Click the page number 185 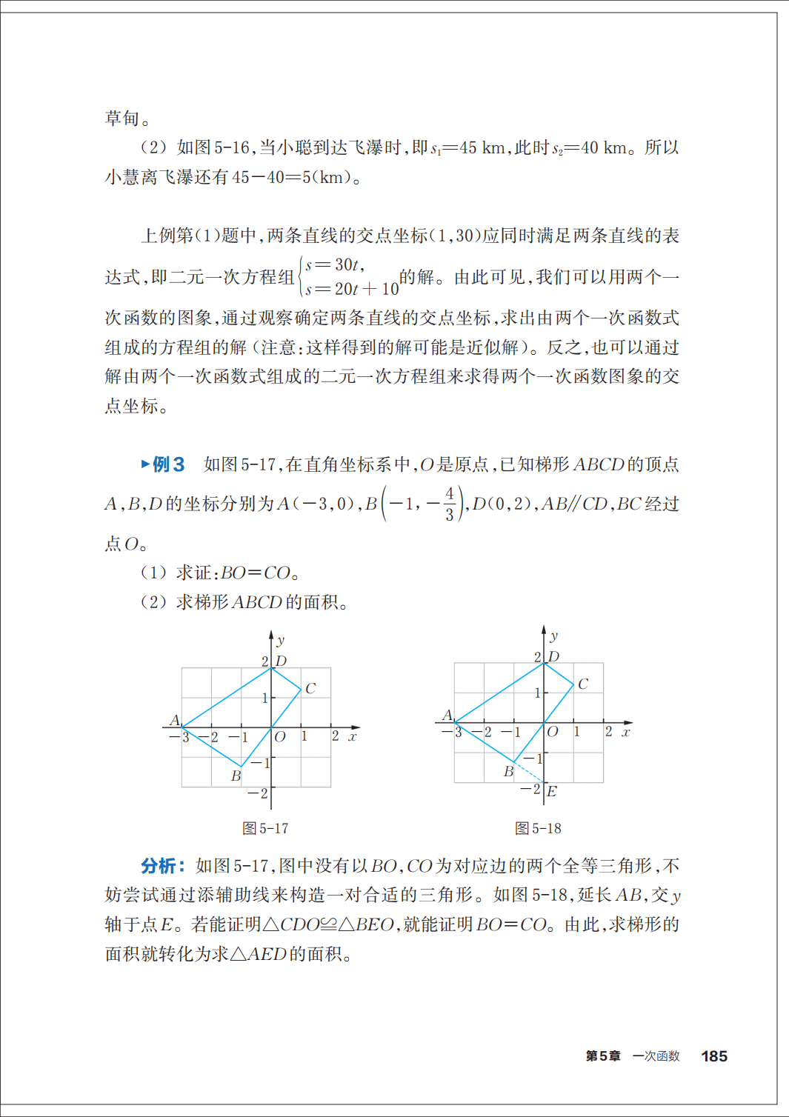[x=713, y=1056]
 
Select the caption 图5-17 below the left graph [x=265, y=828]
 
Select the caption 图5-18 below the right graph [x=538, y=828]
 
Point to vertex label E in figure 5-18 [x=552, y=791]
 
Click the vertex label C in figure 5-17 [x=310, y=688]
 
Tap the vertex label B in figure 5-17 [x=236, y=776]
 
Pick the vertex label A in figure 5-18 [x=447, y=715]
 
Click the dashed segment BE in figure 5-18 [x=529, y=772]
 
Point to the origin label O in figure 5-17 [x=280, y=737]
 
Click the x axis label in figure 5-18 [x=626, y=733]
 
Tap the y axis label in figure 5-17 [x=281, y=640]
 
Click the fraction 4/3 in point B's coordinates [x=450, y=504]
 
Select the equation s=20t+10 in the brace [x=352, y=289]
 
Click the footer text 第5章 [x=602, y=1056]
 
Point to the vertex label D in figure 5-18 [x=553, y=656]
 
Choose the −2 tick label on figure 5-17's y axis [x=258, y=793]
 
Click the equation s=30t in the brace [x=334, y=264]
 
